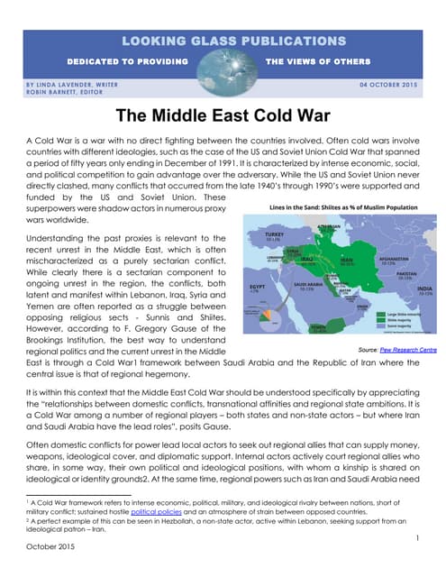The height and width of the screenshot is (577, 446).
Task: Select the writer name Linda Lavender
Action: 63,84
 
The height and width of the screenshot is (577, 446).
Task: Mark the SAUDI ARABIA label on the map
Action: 306,286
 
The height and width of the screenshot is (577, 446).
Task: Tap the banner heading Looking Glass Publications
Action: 223,41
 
